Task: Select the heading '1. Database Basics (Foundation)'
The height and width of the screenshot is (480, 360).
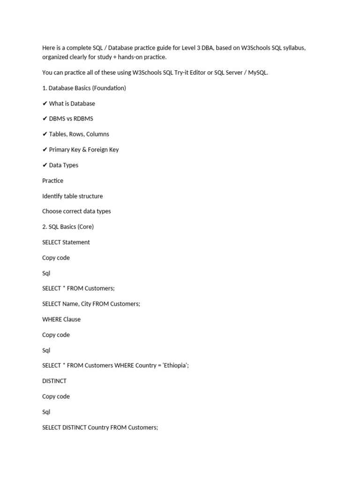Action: (x=84, y=88)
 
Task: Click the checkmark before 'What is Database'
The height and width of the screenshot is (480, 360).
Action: (x=45, y=104)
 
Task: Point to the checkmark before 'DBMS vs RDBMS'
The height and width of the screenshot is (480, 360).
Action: (x=45, y=119)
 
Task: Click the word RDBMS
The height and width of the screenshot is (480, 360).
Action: (x=83, y=119)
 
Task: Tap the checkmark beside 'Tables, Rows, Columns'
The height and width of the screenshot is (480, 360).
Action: (x=45, y=135)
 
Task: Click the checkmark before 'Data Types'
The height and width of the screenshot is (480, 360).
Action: (x=45, y=165)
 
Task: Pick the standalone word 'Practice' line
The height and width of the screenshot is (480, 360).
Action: (x=52, y=180)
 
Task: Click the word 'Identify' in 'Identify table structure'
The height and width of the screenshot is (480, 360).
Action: (x=52, y=196)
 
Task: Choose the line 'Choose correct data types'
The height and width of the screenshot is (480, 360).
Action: (x=76, y=211)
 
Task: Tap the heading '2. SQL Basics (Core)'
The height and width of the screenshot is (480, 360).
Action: (x=68, y=227)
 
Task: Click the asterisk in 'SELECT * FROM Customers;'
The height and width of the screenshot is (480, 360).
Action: (x=65, y=289)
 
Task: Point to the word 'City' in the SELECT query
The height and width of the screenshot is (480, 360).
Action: (x=86, y=304)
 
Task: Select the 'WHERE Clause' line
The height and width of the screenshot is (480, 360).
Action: (x=61, y=319)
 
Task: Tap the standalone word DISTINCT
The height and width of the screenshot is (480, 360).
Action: (x=54, y=381)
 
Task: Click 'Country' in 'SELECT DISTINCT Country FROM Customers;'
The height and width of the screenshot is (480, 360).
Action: (x=98, y=427)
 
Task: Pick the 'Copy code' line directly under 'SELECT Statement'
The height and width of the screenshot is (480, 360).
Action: (x=56, y=258)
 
